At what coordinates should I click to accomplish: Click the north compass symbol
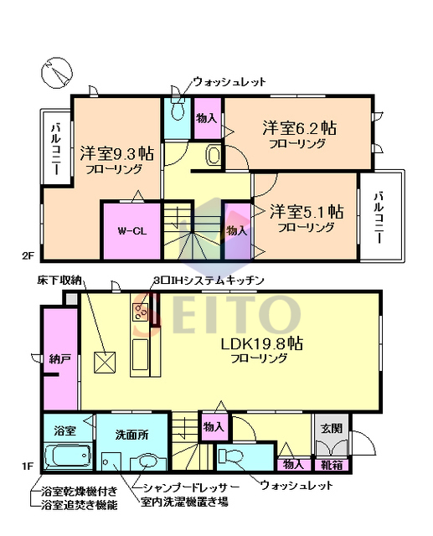click(x=57, y=73)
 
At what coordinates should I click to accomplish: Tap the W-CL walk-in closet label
click(x=132, y=231)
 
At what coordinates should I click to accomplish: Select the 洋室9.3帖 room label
click(x=116, y=154)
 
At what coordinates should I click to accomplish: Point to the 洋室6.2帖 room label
click(x=299, y=128)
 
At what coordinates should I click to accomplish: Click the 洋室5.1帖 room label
click(x=307, y=212)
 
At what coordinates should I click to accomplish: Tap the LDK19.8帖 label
click(x=262, y=343)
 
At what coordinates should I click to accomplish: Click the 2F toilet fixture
click(x=177, y=110)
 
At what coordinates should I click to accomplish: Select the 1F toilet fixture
click(x=230, y=456)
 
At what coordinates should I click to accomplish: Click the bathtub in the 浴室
click(x=68, y=456)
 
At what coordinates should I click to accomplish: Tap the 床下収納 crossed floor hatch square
click(x=105, y=363)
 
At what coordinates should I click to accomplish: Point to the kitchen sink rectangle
click(x=140, y=354)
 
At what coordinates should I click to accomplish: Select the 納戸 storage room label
click(x=60, y=359)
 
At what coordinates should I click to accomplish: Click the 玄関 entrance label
click(x=332, y=428)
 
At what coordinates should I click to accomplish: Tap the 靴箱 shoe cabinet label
click(x=332, y=465)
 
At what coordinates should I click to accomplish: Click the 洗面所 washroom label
click(x=132, y=435)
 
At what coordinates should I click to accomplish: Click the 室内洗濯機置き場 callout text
click(x=184, y=502)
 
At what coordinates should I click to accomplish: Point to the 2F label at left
click(x=28, y=255)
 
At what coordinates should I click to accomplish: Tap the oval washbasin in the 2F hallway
click(x=214, y=156)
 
